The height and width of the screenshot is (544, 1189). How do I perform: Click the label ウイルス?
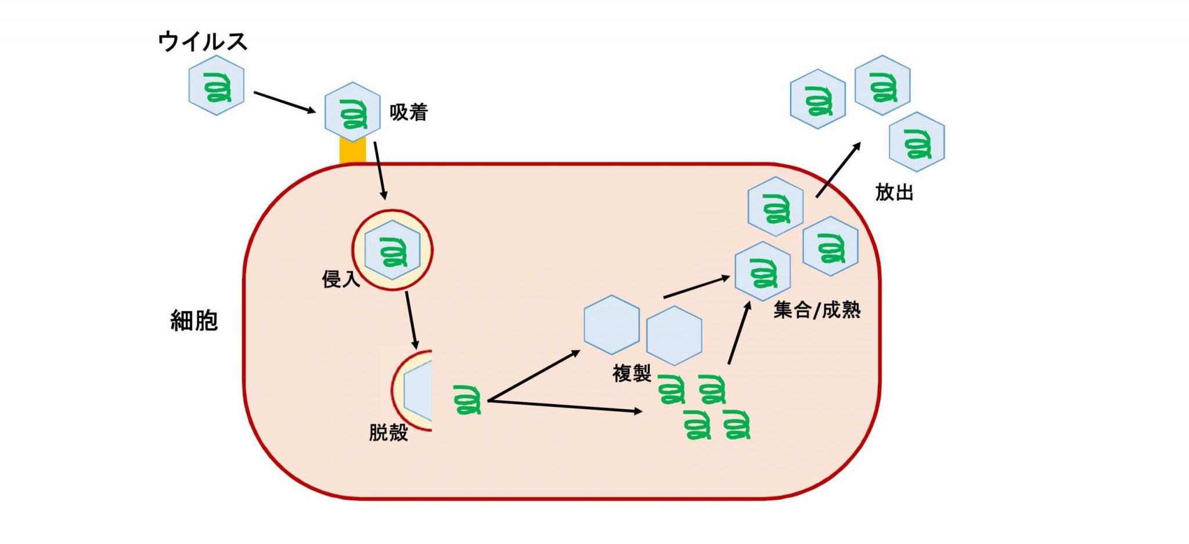(203, 42)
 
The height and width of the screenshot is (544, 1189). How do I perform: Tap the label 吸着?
(408, 112)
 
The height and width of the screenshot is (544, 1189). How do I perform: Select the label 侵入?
(341, 279)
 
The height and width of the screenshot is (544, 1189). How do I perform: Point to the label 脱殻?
(388, 433)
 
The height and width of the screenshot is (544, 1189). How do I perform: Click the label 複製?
(632, 373)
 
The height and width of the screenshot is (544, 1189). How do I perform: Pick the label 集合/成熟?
(816, 310)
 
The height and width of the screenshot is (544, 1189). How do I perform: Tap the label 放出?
(894, 192)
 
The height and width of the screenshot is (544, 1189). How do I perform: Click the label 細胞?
(194, 320)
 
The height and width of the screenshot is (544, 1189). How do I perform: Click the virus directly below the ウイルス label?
(217, 85)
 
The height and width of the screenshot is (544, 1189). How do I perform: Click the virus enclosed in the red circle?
(392, 250)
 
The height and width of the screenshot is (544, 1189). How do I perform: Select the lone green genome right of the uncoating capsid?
(468, 399)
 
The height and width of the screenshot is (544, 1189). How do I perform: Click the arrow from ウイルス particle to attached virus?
(284, 102)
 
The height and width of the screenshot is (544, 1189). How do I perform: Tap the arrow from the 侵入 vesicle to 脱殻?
(412, 320)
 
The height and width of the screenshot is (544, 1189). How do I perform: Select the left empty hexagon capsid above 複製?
(611, 325)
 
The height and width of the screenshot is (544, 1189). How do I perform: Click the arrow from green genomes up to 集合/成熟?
(739, 333)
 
